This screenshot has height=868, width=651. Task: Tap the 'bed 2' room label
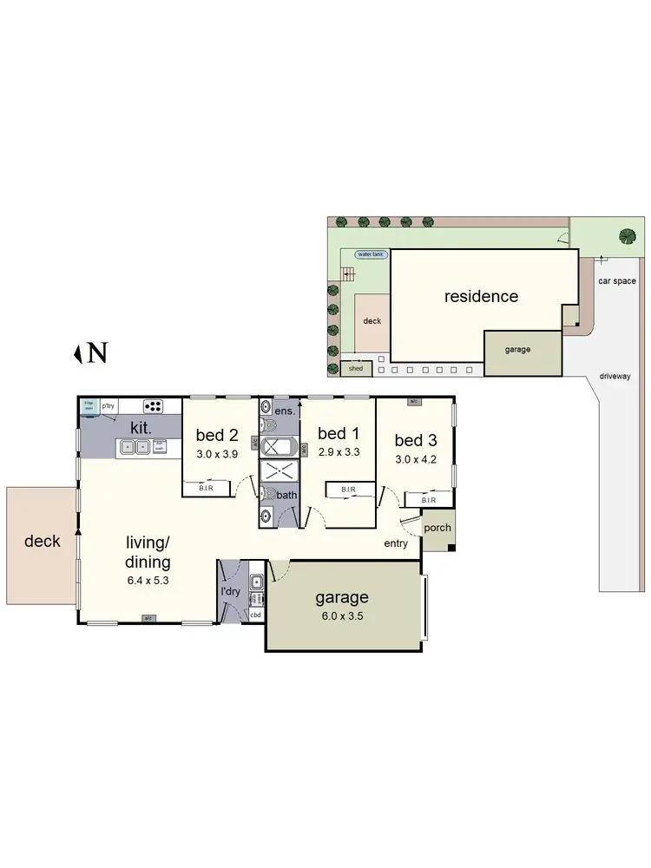[x=217, y=435]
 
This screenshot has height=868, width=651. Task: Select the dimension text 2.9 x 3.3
[x=338, y=453]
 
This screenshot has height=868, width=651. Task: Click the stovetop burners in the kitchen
[x=154, y=405]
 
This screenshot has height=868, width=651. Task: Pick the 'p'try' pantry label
[x=108, y=405]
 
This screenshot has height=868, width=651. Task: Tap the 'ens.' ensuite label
[x=285, y=411]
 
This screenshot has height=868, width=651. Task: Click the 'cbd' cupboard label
[x=255, y=615]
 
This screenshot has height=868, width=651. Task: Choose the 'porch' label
[x=437, y=528]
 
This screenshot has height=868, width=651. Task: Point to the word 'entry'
[x=396, y=544]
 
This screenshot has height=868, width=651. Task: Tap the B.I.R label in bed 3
[x=429, y=500]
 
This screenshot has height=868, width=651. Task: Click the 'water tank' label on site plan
[x=372, y=254]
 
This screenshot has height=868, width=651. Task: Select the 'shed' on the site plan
[x=356, y=369]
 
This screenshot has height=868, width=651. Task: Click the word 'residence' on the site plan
[x=481, y=296]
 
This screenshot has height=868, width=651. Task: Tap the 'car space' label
[x=617, y=281]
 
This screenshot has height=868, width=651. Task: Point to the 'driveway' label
[x=615, y=376]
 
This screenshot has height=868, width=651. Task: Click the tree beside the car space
[x=625, y=235]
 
